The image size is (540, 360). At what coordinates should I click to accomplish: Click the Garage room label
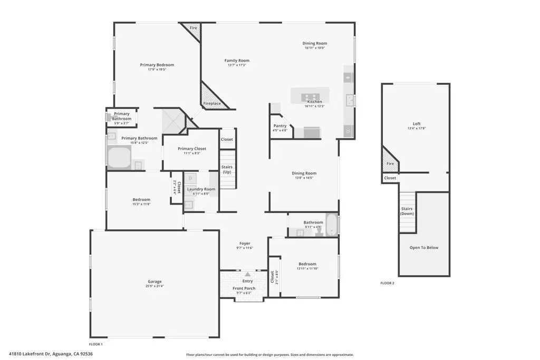pos(155,281)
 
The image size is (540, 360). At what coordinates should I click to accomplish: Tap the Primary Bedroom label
pos(157,65)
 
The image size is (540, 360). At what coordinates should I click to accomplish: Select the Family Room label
pos(237,61)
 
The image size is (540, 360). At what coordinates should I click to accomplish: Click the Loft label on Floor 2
pos(417,124)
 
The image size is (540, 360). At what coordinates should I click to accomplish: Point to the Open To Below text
pos(424,248)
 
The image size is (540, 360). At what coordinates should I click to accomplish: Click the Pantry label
pos(280,125)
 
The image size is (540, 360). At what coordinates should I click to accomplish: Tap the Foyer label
pos(245,244)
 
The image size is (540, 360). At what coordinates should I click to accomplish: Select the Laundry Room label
pos(201,189)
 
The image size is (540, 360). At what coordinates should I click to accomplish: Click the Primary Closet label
pos(192,149)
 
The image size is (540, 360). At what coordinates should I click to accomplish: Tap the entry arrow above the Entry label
pos(247,275)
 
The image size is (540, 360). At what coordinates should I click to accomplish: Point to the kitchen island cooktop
pos(311,96)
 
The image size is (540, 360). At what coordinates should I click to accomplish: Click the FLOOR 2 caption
pos(387,283)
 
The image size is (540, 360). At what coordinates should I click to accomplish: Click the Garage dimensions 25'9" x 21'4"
pos(155,286)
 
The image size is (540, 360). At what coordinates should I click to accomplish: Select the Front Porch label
pos(244,288)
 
